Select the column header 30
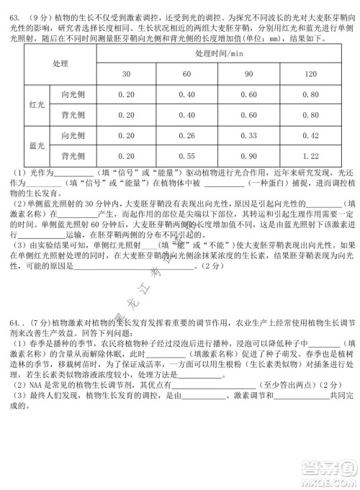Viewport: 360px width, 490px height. coord(126,74)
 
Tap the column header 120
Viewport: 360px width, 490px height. coord(311,74)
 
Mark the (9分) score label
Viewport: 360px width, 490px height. coord(33,15)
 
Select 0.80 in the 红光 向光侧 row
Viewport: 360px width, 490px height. coord(311,94)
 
